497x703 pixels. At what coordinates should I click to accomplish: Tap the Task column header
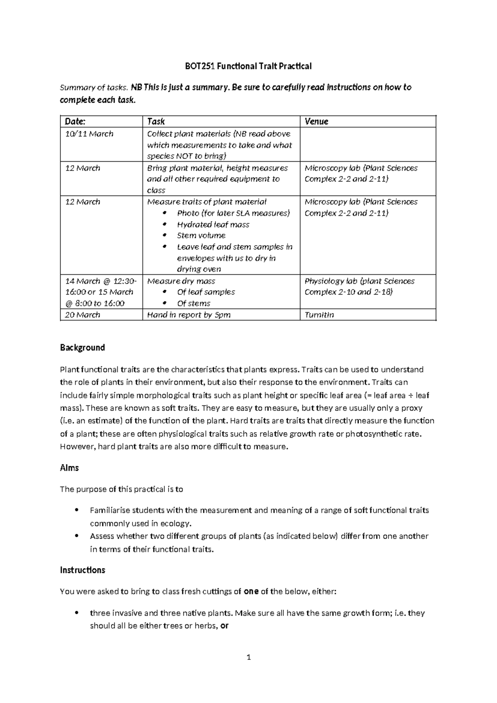point(156,121)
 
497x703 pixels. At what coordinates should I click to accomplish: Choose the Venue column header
point(316,121)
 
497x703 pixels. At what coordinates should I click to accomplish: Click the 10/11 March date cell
point(89,134)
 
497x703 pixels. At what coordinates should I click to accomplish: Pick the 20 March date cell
point(82,315)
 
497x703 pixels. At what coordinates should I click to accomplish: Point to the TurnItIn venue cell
point(319,315)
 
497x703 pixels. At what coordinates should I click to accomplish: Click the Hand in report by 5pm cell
point(189,315)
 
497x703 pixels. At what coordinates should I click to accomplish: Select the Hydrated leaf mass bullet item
point(213,225)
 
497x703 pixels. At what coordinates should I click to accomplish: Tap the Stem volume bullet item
point(201,235)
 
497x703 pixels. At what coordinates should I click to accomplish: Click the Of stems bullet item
point(193,303)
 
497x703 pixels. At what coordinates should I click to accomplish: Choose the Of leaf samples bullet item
point(206,292)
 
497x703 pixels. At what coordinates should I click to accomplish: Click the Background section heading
point(82,347)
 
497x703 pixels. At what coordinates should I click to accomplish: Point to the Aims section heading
point(69,468)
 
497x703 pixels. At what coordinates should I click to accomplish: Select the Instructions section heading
point(82,570)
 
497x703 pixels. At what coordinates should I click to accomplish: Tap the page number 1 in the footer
point(248,657)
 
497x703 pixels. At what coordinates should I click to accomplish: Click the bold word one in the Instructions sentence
point(251,591)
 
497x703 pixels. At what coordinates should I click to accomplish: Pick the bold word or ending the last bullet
point(224,625)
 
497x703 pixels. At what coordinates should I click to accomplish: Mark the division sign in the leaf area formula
point(410,395)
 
